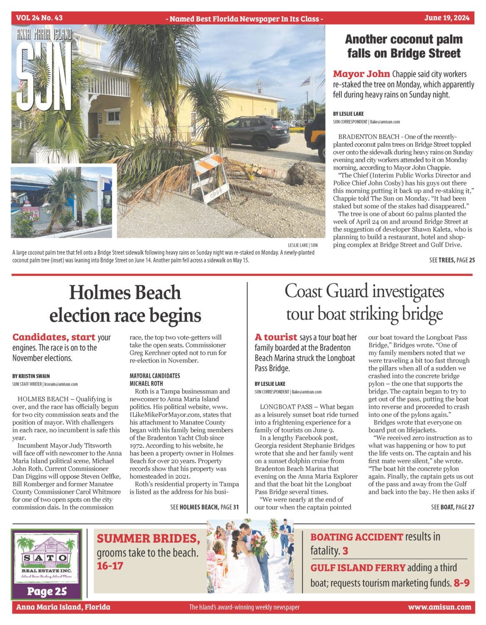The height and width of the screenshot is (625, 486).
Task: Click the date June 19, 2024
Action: tap(447, 18)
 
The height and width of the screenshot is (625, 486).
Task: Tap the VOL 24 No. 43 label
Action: tap(40, 18)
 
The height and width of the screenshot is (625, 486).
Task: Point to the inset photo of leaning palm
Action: tap(62, 201)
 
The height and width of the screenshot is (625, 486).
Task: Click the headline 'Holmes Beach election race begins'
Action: tap(125, 303)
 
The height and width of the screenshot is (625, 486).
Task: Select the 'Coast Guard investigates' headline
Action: tap(364, 292)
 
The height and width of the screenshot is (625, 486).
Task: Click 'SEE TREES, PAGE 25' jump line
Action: tap(452, 260)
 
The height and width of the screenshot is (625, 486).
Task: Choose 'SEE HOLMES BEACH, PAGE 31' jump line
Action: tap(204, 507)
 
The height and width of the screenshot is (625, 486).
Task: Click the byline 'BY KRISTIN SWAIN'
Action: tap(31, 376)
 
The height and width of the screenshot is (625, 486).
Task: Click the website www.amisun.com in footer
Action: tap(439, 607)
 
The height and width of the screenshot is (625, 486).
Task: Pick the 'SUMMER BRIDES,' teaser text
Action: tap(148, 539)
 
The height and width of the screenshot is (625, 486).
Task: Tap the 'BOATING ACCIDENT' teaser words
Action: tap(356, 537)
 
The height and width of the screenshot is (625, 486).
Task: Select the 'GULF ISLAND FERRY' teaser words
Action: tap(358, 567)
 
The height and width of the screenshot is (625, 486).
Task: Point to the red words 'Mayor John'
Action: tap(361, 74)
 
